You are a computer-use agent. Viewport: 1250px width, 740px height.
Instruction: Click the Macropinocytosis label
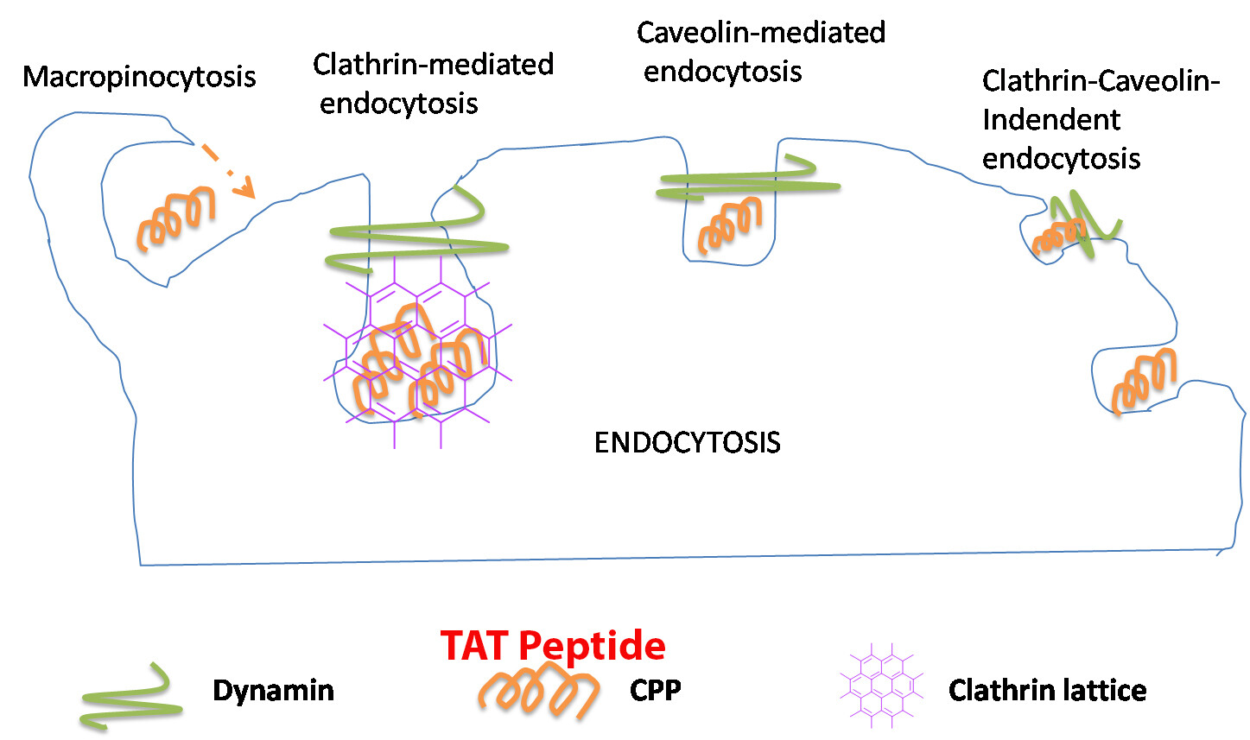(x=139, y=77)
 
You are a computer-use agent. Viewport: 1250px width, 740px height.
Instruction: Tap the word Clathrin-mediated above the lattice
(x=433, y=65)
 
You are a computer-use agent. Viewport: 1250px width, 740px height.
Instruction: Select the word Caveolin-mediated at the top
(x=760, y=33)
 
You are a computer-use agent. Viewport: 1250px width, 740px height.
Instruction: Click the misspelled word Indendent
(x=1050, y=120)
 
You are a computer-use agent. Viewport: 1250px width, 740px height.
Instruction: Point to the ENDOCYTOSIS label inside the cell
(x=687, y=442)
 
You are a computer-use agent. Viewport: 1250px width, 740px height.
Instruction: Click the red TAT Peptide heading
(x=553, y=645)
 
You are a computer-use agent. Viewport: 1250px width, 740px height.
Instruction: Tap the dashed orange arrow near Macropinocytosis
(x=228, y=171)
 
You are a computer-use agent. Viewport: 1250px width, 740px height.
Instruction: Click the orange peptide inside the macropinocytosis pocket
(x=176, y=219)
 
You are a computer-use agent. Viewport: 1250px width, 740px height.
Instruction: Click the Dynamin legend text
(x=273, y=691)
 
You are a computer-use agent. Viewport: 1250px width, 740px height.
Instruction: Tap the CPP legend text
(x=655, y=691)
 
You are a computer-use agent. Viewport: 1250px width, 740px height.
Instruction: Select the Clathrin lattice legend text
(x=1047, y=691)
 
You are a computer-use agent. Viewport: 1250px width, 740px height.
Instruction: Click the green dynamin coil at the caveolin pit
(x=746, y=179)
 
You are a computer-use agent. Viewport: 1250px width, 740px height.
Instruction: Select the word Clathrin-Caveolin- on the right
(x=1101, y=81)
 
